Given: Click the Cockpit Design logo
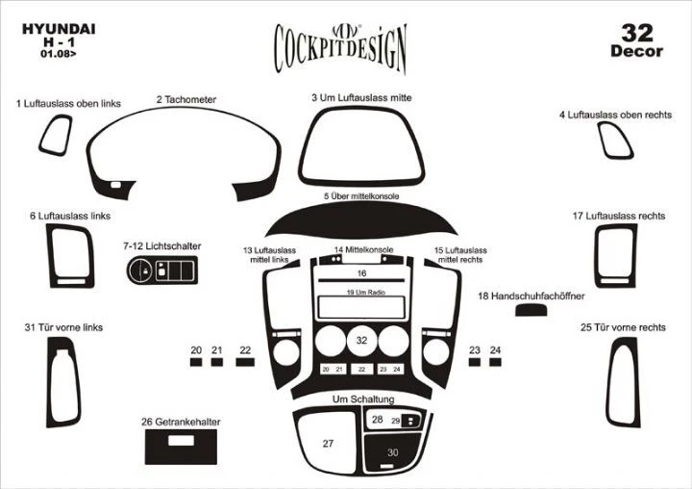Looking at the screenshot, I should click(340, 44).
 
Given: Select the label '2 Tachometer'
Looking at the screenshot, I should click(186, 99).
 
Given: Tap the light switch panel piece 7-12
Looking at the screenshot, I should click(162, 271).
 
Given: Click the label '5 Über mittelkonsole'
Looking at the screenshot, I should click(361, 196).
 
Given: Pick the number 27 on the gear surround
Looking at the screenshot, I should click(328, 443).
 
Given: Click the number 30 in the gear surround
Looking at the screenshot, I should click(392, 452).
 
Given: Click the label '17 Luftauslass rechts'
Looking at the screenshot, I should click(618, 216).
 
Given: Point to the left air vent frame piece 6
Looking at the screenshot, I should click(68, 257).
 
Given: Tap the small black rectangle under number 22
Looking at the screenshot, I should click(245, 363).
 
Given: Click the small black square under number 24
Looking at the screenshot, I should click(495, 363).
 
